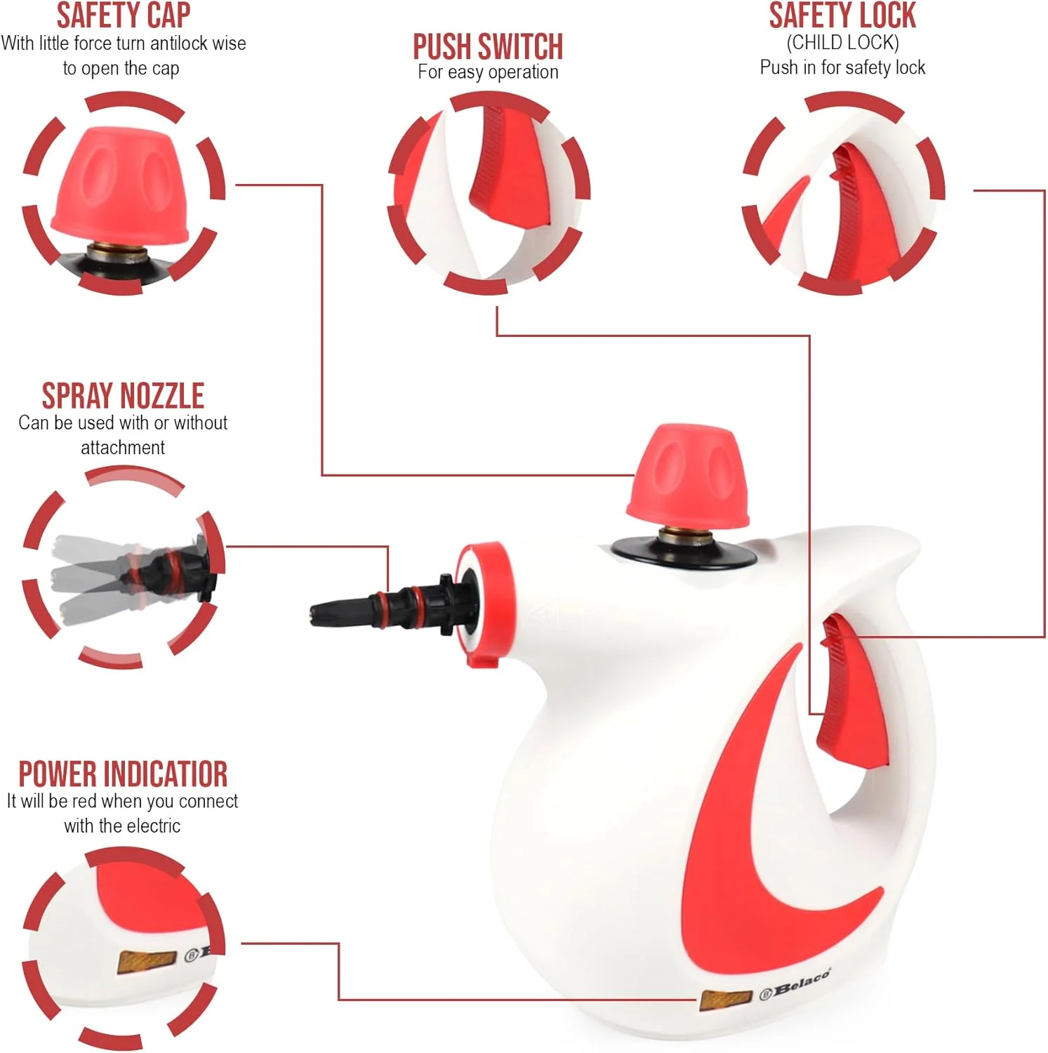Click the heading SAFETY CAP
point(123,15)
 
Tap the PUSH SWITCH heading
point(488,47)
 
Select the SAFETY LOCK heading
point(842,15)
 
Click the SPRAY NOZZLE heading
point(123,396)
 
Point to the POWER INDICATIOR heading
point(123,774)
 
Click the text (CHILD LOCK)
point(842,43)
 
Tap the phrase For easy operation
point(488,72)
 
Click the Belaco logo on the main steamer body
point(795,985)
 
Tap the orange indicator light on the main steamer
point(726,999)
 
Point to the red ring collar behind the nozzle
point(484,604)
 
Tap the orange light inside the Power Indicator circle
point(147,961)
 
